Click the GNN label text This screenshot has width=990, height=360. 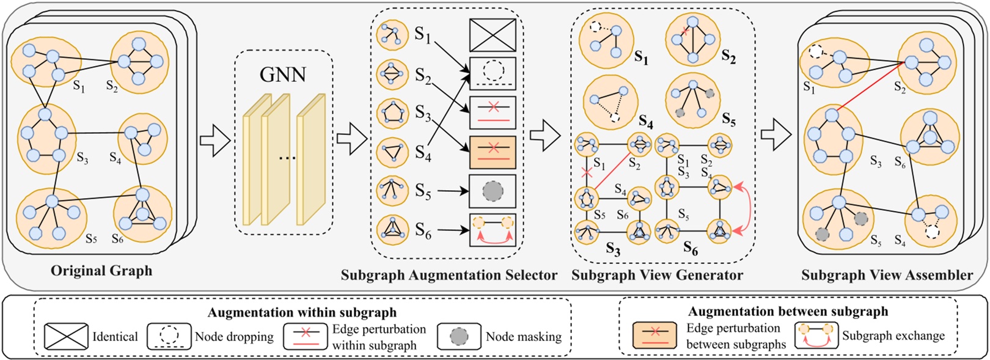tap(282, 75)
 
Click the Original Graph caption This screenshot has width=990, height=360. tap(101, 271)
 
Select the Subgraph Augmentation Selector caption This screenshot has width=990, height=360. tap(449, 275)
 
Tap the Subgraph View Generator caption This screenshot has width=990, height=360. tap(657, 275)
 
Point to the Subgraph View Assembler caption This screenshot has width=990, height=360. tap(887, 275)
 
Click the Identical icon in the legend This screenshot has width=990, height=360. tap(66, 336)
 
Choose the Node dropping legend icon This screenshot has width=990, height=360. tap(169, 336)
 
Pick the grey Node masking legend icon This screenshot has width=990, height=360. tap(459, 336)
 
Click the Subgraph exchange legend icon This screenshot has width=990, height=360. tap(816, 336)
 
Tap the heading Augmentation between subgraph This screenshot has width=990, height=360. tap(788, 312)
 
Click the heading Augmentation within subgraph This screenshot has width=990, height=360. tap(302, 313)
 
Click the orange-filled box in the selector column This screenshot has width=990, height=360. tap(493, 152)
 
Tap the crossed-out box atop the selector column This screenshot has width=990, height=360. tap(493, 35)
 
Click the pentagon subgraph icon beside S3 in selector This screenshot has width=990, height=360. tap(392, 113)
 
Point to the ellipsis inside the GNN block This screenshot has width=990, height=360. tap(287, 158)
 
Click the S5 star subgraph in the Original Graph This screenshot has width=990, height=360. tap(51, 217)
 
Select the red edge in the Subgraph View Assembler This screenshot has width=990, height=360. tap(870, 86)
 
